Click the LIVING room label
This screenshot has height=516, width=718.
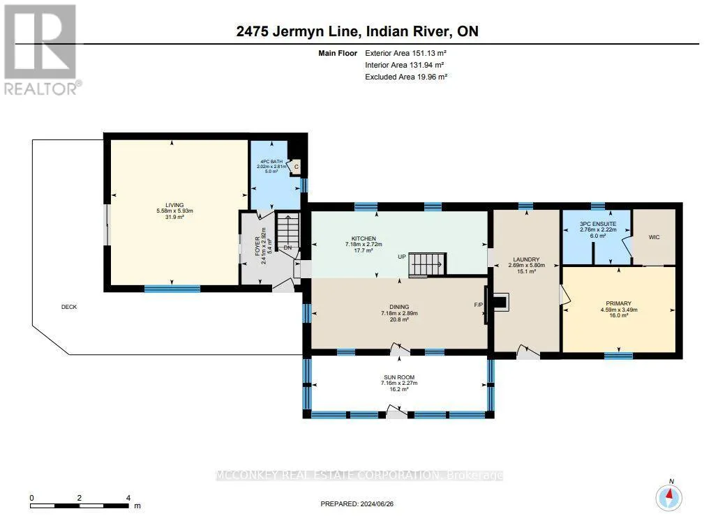pos(174,205)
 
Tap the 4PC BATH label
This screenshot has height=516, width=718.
pos(271,162)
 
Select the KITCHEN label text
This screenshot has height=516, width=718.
pos(364,238)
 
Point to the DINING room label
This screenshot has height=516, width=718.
pos(399,307)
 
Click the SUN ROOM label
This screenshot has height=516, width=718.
pos(399,377)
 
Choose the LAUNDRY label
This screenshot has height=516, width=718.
pos(526,259)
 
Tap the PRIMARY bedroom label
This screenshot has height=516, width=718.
pos(619,303)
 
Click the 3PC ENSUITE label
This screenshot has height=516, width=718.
pos(598,224)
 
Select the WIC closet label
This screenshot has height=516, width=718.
pos(654,237)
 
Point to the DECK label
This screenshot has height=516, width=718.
pos(69,307)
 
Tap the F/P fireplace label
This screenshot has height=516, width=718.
pos(478,305)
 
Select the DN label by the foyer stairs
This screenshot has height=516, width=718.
pos(287,248)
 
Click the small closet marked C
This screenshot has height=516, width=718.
pos(296,167)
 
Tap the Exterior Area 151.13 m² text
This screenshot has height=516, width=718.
pos(405,53)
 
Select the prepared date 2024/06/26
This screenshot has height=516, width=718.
pos(377,503)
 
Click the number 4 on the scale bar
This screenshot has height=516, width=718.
pos(128,498)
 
